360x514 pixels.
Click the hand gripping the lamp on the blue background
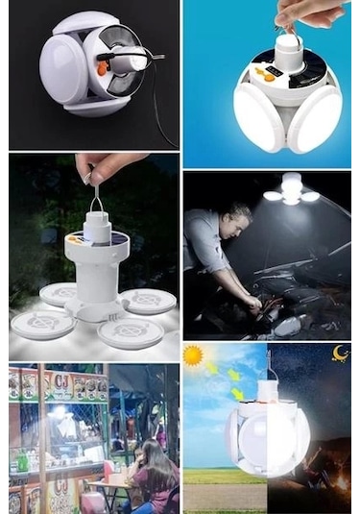point(302,12)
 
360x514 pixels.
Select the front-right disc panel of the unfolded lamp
point(131,330)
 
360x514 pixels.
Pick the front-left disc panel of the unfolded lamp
point(43,324)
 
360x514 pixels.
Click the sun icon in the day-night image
point(194,356)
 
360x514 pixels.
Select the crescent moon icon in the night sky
point(341,354)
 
